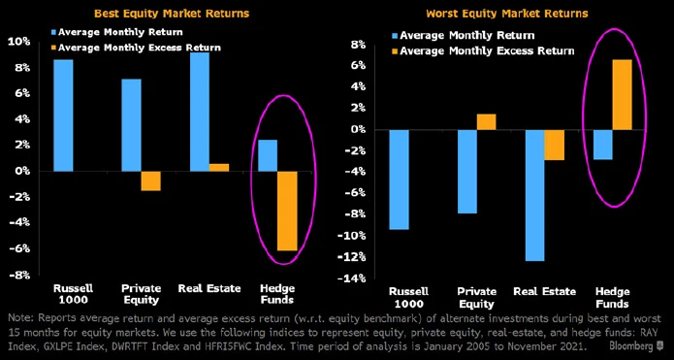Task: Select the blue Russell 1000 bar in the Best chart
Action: click(x=63, y=115)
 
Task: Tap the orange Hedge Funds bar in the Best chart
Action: click(x=286, y=211)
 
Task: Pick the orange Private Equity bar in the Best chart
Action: click(x=150, y=180)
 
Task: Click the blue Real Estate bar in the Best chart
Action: click(x=201, y=112)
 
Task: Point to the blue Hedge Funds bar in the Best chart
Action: click(x=267, y=155)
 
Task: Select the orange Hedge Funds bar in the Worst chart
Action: click(x=622, y=94)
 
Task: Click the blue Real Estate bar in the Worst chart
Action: click(x=534, y=195)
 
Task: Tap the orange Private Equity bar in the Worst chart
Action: click(x=486, y=121)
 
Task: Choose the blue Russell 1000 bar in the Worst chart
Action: click(x=399, y=180)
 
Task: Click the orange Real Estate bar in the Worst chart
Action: click(x=554, y=145)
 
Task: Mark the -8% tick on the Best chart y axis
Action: click(x=18, y=276)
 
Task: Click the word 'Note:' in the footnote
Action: click(x=19, y=318)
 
